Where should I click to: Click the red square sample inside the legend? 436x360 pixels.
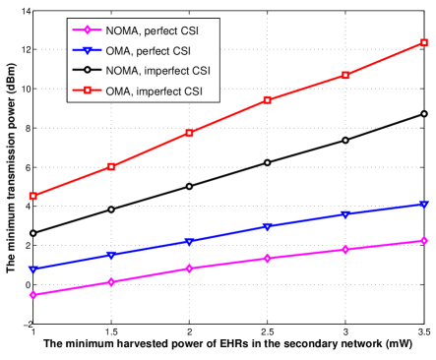tap(88, 92)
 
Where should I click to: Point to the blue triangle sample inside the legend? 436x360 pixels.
tap(88, 50)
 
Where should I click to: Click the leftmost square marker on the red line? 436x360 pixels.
tap(33, 196)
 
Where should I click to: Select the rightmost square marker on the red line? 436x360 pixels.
tap(423, 42)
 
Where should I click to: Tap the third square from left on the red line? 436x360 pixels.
tap(189, 133)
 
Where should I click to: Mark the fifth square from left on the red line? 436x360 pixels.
tap(345, 75)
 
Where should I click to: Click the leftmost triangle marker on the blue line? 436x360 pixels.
tap(33, 269)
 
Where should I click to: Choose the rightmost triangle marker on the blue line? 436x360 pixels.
tap(423, 204)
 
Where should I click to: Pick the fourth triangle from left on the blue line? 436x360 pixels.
tap(268, 226)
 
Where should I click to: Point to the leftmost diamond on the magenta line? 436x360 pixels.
tap(33, 295)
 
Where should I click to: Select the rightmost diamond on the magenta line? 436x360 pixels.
tap(423, 240)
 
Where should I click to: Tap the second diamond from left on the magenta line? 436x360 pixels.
tap(111, 282)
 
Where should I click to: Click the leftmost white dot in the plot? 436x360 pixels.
tap(33, 233)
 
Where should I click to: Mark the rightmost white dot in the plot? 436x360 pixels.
tap(423, 114)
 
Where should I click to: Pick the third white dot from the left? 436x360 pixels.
tap(189, 186)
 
